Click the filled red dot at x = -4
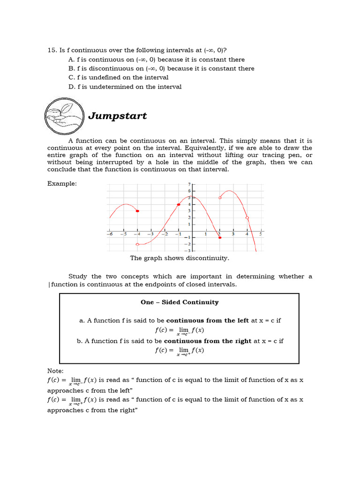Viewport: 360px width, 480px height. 137,211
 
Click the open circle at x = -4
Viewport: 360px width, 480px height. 137,244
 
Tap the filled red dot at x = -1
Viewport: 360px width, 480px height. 179,204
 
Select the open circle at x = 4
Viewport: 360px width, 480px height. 247,218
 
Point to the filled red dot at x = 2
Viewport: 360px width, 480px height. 220,238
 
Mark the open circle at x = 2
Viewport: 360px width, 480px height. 220,198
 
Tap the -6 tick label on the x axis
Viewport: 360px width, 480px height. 109,234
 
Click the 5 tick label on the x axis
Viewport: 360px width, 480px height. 261,234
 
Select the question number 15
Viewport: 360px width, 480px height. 52,51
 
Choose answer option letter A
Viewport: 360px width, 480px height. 71,60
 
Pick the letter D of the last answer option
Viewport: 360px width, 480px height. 71,87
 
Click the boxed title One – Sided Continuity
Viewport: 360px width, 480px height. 180,302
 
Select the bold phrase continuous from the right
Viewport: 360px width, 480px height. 208,341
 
